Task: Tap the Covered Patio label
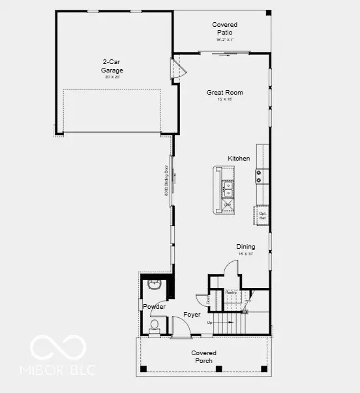[x=224, y=28]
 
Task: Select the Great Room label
[x=224, y=93]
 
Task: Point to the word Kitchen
[x=239, y=159]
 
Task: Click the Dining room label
[x=246, y=247]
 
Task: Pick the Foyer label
[x=192, y=315]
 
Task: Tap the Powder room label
[x=154, y=307]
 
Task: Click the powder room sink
[x=155, y=285]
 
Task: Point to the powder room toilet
[x=155, y=325]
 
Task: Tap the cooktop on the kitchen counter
[x=259, y=176]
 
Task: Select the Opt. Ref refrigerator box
[x=262, y=215]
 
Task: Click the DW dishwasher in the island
[x=228, y=205]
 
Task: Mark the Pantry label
[x=230, y=292]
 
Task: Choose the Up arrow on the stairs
[x=209, y=322]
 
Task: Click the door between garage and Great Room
[x=175, y=70]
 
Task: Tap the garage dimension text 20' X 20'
[x=112, y=77]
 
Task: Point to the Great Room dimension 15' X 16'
[x=224, y=100]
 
